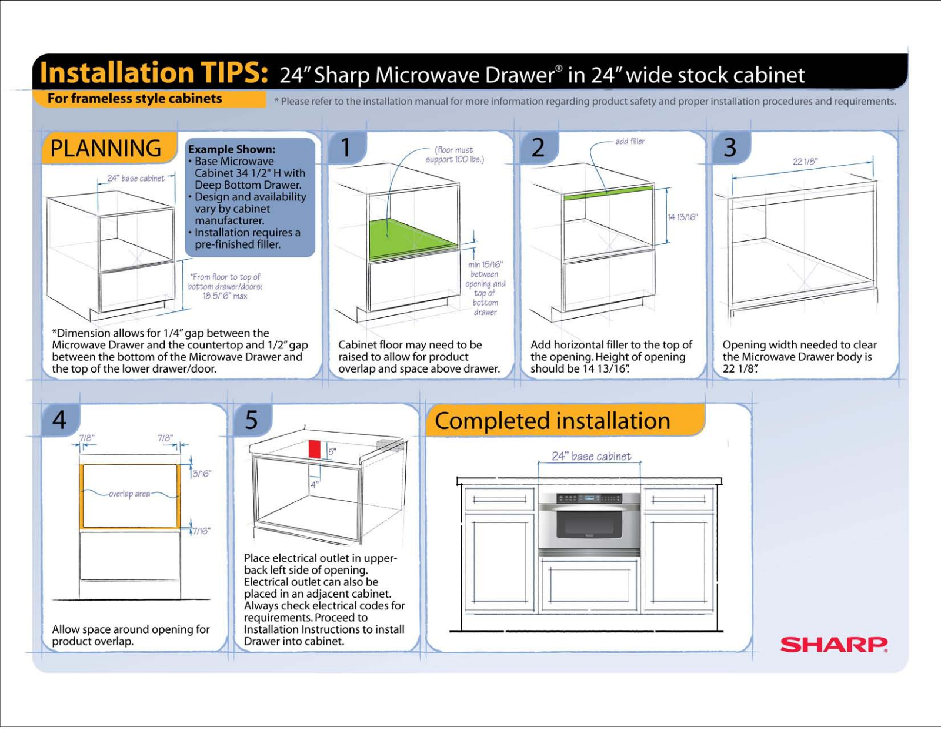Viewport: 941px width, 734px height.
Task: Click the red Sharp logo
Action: [x=833, y=645]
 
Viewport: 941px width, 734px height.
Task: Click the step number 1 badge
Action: [x=346, y=148]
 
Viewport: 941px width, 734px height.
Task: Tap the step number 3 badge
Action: [x=730, y=148]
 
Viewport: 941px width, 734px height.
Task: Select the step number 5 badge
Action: [x=251, y=420]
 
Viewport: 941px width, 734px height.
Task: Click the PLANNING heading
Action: [x=106, y=148]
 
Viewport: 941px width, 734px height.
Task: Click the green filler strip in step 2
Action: [x=608, y=193]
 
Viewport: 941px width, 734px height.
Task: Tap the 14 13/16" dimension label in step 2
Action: [x=682, y=217]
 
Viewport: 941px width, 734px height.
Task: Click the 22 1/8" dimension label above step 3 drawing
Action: [x=805, y=162]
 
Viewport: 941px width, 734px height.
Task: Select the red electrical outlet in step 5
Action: [x=314, y=449]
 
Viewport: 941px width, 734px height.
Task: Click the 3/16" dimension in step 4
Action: [x=201, y=474]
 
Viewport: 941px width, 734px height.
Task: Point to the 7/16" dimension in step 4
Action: [x=201, y=531]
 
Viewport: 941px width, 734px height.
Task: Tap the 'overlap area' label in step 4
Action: [x=129, y=494]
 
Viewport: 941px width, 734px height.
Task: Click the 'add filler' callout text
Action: [x=629, y=141]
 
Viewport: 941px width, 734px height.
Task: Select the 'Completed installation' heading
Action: [x=552, y=421]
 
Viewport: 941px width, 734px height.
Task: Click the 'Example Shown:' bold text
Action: [x=232, y=149]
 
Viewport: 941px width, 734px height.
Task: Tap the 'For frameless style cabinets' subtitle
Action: [x=135, y=99]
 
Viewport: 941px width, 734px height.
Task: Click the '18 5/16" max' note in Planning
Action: [x=225, y=296]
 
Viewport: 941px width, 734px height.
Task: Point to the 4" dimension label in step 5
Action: [x=315, y=484]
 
